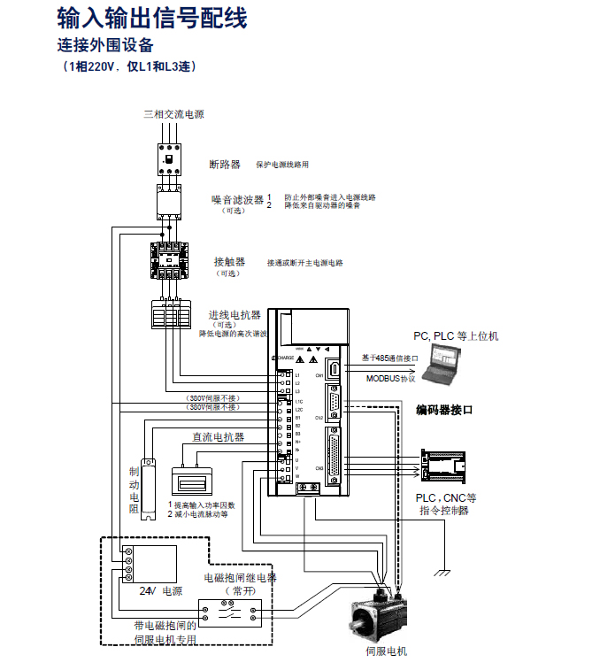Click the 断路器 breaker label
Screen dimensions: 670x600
click(224, 165)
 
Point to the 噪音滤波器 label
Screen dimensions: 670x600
click(237, 200)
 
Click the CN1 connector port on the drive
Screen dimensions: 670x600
click(334, 371)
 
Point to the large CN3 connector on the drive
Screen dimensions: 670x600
click(334, 457)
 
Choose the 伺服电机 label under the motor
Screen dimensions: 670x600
click(387, 651)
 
